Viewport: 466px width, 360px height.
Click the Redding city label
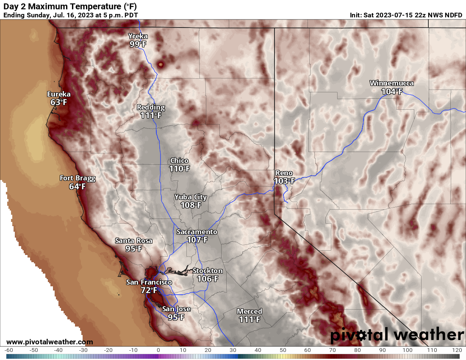click(x=151, y=107)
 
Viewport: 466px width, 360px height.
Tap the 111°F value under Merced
click(x=250, y=319)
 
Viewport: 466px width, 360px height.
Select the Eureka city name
click(x=59, y=94)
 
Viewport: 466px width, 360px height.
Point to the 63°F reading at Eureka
click(x=59, y=102)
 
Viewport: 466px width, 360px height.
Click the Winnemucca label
click(x=391, y=83)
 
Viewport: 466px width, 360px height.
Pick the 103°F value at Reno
click(x=284, y=181)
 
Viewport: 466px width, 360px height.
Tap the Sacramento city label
click(x=197, y=232)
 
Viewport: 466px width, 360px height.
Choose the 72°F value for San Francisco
click(x=149, y=290)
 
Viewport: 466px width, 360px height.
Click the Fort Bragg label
click(x=78, y=178)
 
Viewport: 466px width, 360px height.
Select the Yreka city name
click(x=138, y=36)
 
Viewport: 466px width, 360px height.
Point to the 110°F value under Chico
click(x=179, y=169)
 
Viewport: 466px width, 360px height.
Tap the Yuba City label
click(x=191, y=197)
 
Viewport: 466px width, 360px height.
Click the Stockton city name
click(x=208, y=271)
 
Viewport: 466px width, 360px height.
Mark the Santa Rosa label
click(x=134, y=241)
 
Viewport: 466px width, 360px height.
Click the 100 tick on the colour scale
click(x=408, y=350)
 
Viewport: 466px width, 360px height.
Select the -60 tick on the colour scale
click(x=9, y=350)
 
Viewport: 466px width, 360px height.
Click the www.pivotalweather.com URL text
click(x=50, y=342)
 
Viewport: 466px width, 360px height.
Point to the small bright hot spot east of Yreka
click(x=161, y=64)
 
